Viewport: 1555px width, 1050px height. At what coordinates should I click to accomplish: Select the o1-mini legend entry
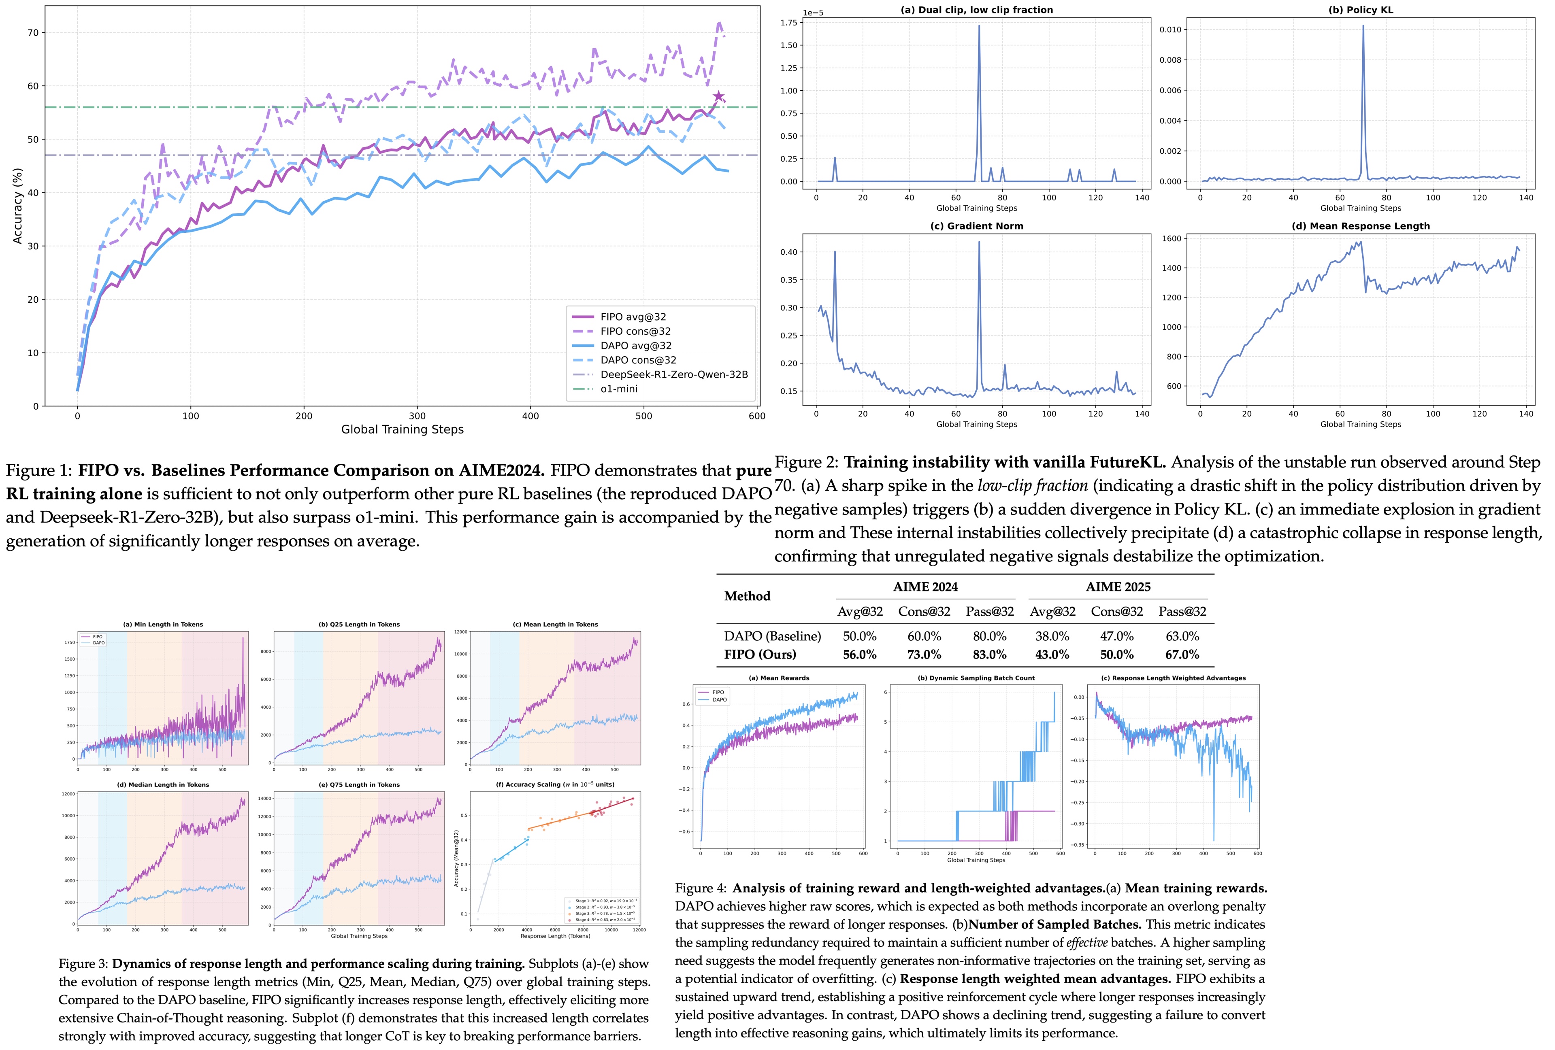pyautogui.click(x=618, y=389)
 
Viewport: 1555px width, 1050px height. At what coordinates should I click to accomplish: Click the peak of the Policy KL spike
pyautogui.click(x=1363, y=27)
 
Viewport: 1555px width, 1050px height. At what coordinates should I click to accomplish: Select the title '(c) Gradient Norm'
pyautogui.click(x=976, y=226)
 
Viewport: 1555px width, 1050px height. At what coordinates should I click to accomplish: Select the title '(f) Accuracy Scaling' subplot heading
pyautogui.click(x=555, y=784)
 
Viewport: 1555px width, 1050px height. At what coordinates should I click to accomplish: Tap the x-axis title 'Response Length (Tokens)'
pyautogui.click(x=555, y=935)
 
